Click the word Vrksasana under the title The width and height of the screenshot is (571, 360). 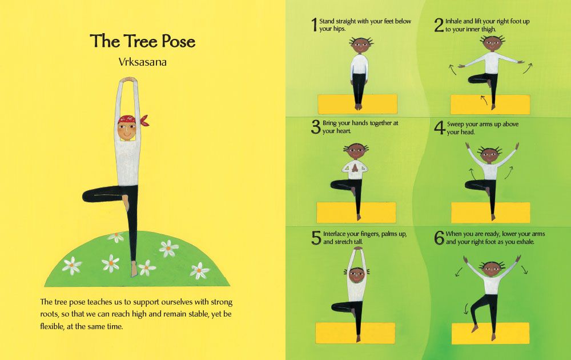tap(142, 62)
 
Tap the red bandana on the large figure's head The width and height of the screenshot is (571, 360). tap(132, 120)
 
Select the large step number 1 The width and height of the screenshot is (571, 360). tap(314, 25)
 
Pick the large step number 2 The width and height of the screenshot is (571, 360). tap(439, 25)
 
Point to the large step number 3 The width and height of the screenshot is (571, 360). tap(316, 127)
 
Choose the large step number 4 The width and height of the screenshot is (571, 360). tap(440, 127)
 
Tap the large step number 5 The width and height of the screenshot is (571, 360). tap(316, 238)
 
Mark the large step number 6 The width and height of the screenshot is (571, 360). tap(439, 238)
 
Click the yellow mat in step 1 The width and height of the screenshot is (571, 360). tap(357, 104)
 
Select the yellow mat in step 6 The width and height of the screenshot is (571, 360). tap(490, 333)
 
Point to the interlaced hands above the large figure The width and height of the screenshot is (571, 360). tap(128, 80)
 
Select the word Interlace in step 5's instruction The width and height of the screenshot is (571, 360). tap(334, 234)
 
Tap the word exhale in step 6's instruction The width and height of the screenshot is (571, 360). tap(525, 242)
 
